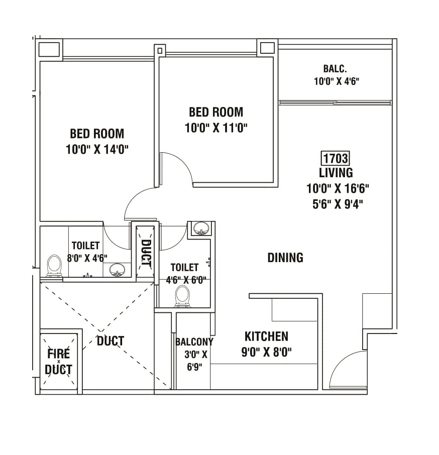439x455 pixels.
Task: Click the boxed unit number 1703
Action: click(x=335, y=159)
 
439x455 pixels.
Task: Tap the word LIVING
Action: click(x=336, y=173)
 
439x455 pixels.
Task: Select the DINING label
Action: click(x=285, y=258)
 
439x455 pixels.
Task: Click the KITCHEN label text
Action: click(x=266, y=336)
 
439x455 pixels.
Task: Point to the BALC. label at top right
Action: click(x=335, y=69)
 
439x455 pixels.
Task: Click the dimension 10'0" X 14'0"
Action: click(x=97, y=149)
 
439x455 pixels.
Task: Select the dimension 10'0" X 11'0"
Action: click(x=216, y=128)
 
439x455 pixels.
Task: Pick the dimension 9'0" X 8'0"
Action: click(x=266, y=352)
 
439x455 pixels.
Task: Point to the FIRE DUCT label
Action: click(x=58, y=361)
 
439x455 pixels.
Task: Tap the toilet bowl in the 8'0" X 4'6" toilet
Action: click(x=54, y=266)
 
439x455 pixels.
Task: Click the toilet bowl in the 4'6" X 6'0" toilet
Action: click(x=182, y=296)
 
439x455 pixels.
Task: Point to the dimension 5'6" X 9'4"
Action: click(x=335, y=203)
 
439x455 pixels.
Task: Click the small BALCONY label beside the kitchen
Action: click(x=194, y=342)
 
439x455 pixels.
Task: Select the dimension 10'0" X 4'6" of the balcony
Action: click(x=336, y=81)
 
